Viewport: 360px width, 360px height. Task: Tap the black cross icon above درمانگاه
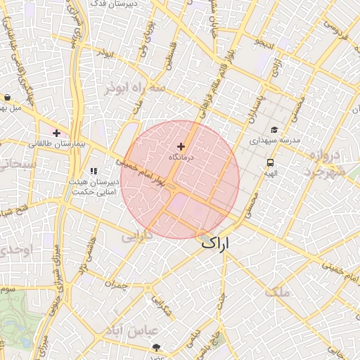(181, 146)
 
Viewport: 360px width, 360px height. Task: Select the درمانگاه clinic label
(181, 157)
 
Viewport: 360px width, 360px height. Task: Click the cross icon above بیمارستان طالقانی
(56, 133)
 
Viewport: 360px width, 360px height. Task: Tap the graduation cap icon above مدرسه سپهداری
(274, 129)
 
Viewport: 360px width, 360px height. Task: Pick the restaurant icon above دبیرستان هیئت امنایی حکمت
(94, 171)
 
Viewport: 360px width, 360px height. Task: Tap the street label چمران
(118, 284)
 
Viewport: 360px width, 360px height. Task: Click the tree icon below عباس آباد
(155, 347)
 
